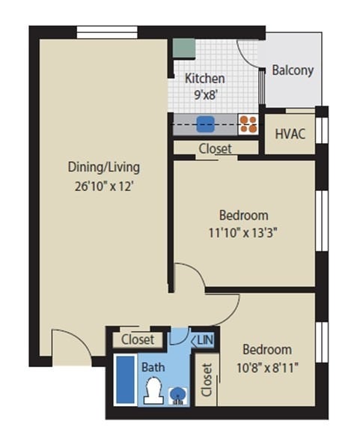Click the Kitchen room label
205,78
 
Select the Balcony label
293,70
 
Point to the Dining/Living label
104,167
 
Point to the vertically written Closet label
206,380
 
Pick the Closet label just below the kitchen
216,148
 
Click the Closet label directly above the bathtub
138,339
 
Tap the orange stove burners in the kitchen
248,123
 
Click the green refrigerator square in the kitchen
182,47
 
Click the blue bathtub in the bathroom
122,379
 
